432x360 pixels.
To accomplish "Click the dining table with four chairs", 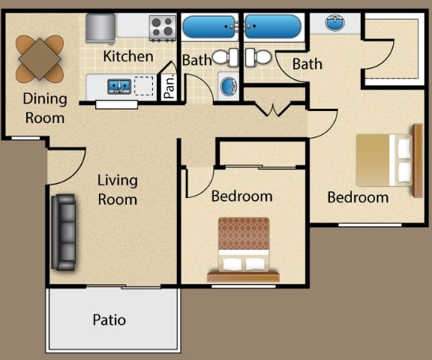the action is [40, 59].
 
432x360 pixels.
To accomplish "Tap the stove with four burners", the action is [163, 28].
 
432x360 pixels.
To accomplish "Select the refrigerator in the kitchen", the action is [100, 28].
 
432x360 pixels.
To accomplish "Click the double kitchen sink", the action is [119, 86].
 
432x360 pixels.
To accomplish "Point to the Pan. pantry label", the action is [169, 86].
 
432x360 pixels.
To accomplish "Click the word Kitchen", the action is [128, 56].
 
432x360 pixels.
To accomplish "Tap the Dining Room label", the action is [45, 108].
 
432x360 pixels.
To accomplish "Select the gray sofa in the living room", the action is [64, 232].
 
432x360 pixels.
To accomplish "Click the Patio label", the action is [109, 319].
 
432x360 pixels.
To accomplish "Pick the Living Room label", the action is [118, 190].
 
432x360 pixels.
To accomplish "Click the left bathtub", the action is [209, 27].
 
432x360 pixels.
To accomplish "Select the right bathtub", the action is [273, 26].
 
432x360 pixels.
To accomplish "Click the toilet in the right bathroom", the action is [258, 57].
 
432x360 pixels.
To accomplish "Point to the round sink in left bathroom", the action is [229, 86].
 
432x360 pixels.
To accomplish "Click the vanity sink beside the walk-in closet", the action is [334, 22].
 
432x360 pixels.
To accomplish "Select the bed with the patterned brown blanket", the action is [244, 250].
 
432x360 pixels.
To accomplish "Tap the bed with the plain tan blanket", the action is [389, 160].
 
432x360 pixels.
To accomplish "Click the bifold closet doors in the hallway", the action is [273, 109].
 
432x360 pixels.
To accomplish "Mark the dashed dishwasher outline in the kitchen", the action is [143, 86].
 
